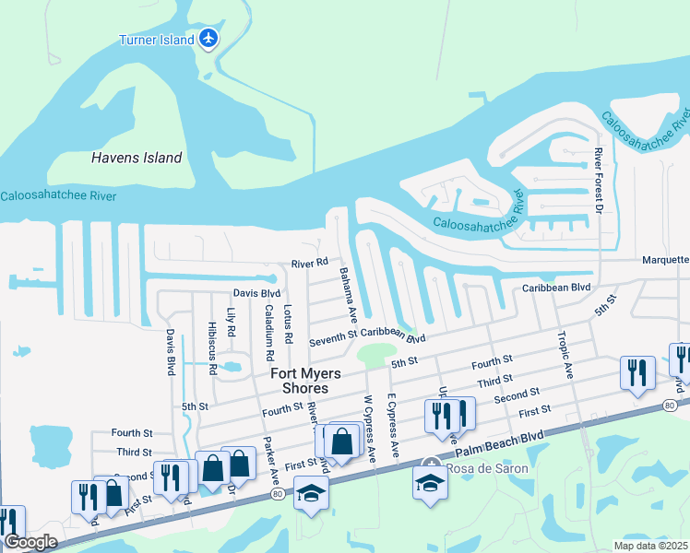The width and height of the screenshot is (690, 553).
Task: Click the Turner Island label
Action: pos(157,40)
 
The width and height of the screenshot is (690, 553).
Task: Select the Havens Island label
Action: pos(137,158)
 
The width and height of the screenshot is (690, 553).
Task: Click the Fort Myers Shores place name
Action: pos(305,381)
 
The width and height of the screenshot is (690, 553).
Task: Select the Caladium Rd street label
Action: pos(268,332)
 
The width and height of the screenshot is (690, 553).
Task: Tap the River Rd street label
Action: pos(310,263)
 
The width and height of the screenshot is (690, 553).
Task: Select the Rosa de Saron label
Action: pos(487,468)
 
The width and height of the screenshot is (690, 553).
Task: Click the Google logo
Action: pos(30,542)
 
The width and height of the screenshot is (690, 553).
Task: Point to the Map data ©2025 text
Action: pos(650,546)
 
